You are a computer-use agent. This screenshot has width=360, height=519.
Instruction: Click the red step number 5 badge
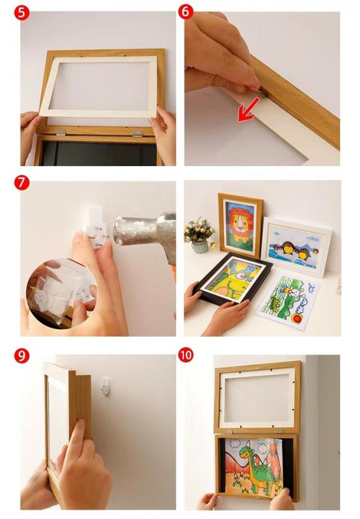click(x=21, y=14)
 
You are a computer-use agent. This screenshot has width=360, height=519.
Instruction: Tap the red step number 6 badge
click(x=186, y=11)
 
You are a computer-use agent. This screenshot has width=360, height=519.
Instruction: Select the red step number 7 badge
click(x=21, y=183)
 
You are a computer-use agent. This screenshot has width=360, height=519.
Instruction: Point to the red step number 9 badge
click(x=21, y=356)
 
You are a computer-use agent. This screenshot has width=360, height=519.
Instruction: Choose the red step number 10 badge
click(x=186, y=355)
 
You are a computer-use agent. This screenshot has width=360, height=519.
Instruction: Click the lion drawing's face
click(x=240, y=221)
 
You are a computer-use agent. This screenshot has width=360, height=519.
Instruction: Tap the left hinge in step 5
click(x=60, y=132)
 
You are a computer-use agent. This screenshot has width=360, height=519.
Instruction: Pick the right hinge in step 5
click(x=137, y=134)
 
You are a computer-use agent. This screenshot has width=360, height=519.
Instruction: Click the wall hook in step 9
click(x=105, y=385)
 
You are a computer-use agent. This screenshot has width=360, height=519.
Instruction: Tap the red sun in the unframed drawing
click(x=298, y=319)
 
